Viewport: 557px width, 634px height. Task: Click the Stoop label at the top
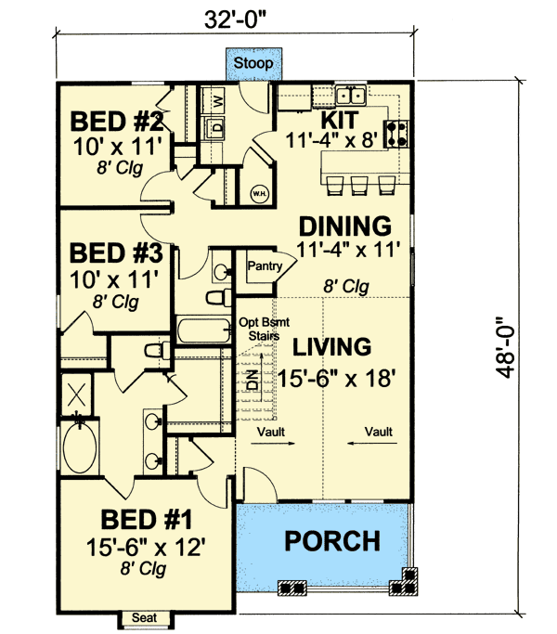point(253,63)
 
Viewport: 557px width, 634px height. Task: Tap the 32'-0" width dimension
point(236,19)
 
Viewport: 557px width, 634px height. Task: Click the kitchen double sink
point(351,96)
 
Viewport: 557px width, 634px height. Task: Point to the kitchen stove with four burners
point(396,134)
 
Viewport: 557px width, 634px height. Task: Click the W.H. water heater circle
point(259,193)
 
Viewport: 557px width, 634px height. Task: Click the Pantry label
point(265,266)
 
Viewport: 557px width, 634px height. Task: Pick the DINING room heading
point(345,226)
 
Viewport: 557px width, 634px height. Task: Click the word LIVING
point(331,347)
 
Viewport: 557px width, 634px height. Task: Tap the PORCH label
point(332,540)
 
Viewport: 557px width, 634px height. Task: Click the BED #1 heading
point(146,520)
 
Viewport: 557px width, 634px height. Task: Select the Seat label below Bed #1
point(145,617)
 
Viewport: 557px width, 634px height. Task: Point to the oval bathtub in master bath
point(80,447)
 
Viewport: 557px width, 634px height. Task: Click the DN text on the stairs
point(253,380)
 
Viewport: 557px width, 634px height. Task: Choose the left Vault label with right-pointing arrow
point(271,436)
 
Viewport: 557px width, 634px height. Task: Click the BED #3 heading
point(116,252)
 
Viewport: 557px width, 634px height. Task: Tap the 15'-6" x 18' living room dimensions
point(337,379)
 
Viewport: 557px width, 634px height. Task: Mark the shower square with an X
point(76,395)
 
